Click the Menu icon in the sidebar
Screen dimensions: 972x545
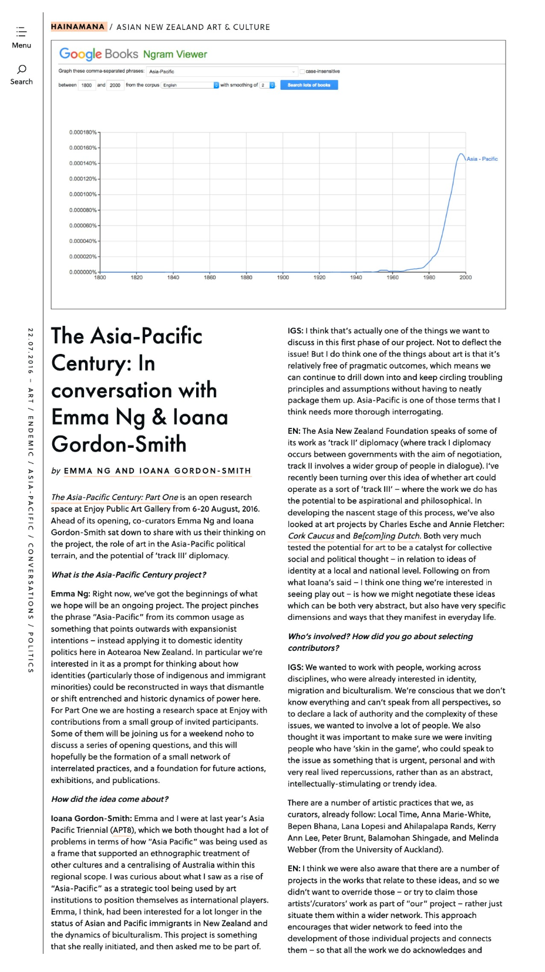click(x=21, y=32)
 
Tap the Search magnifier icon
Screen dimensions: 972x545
click(x=22, y=69)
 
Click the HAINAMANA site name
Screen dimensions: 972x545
click(x=78, y=27)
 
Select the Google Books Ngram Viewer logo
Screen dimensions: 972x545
click(x=133, y=55)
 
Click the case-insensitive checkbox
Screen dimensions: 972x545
click(x=302, y=72)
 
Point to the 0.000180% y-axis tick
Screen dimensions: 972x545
click(x=83, y=133)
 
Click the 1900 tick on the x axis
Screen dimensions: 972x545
click(x=283, y=278)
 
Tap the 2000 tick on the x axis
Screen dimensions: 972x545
click(x=465, y=278)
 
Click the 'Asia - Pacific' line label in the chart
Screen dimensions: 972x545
click(x=482, y=159)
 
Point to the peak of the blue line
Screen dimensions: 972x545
click(x=461, y=154)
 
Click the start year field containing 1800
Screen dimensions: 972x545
click(x=86, y=85)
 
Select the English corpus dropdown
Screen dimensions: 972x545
click(x=190, y=85)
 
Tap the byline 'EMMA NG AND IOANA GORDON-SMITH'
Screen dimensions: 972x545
click(x=157, y=471)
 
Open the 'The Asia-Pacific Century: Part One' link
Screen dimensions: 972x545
click(x=115, y=497)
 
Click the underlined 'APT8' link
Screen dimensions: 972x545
click(x=122, y=830)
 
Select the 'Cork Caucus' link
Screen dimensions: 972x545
click(x=311, y=536)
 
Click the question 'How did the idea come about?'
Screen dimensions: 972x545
click(x=110, y=799)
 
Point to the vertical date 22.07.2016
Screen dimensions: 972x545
click(x=31, y=350)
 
